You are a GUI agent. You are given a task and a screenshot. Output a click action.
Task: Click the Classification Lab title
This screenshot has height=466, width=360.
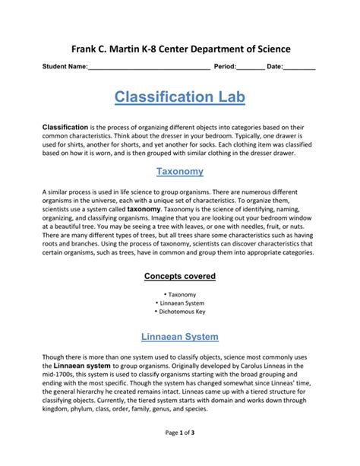180,97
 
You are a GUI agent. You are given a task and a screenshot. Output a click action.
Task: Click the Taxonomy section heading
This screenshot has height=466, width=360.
180,171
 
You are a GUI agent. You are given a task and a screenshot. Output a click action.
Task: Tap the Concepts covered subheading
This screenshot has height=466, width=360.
180,276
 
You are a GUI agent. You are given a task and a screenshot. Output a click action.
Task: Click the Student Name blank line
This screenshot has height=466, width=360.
149,68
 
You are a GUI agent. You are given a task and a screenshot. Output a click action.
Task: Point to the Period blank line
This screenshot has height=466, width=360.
250,68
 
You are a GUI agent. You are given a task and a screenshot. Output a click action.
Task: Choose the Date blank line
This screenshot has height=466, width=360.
299,68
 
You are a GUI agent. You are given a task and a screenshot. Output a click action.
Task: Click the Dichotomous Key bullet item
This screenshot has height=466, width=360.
180,311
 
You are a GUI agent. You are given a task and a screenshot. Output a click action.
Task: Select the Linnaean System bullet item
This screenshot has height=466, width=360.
180,302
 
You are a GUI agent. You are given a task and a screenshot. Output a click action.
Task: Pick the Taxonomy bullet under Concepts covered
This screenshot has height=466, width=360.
180,293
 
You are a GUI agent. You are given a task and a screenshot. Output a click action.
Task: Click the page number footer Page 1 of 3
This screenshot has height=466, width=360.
180,454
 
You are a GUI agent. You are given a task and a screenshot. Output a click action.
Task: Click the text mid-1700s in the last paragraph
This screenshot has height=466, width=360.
60,375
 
